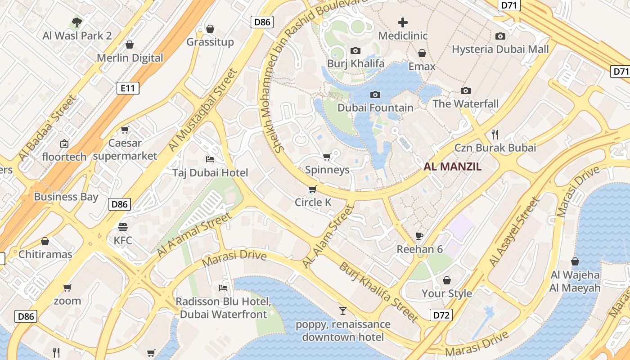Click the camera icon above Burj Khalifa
tap(355, 50)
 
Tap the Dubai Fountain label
tap(375, 108)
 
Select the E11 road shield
tap(128, 88)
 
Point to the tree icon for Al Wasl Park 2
tap(77, 22)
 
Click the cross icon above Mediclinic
tap(403, 22)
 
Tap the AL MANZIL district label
tap(452, 167)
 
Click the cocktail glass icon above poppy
tap(343, 310)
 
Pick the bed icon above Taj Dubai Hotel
tap(210, 159)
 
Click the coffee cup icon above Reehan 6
tap(419, 236)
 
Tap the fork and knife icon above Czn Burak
tap(495, 134)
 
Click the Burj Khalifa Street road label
tap(378, 292)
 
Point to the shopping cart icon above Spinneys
tap(327, 157)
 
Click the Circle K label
tap(313, 202)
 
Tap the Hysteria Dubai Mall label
tap(500, 49)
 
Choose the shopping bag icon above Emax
tap(422, 54)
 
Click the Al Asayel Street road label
tap(514, 231)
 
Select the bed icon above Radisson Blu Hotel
tap(223, 288)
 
